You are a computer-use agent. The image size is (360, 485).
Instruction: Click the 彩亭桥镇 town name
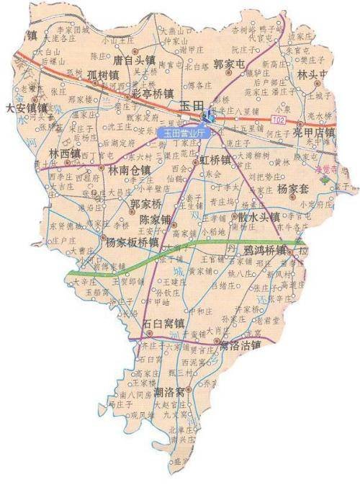[152, 93]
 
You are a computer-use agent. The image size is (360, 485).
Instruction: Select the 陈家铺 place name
[156, 218]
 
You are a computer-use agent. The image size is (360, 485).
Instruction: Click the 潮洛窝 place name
[174, 393]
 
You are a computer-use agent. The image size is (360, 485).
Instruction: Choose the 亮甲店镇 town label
[314, 133]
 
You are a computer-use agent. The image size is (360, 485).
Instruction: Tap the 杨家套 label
[293, 189]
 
